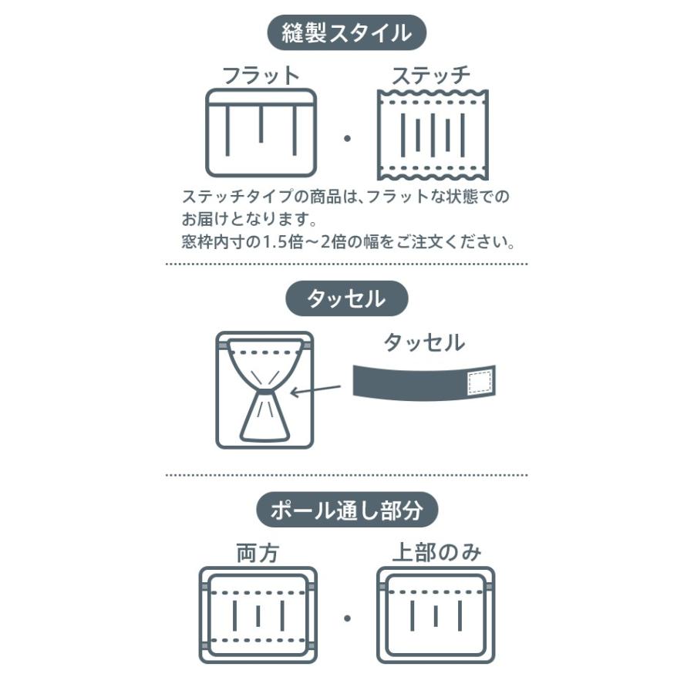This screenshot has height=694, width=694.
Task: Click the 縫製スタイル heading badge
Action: (x=346, y=32)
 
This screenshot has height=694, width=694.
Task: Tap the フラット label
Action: (x=261, y=76)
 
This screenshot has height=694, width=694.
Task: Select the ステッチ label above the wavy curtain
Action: (x=430, y=76)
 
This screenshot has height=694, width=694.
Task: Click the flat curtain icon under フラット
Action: (x=261, y=133)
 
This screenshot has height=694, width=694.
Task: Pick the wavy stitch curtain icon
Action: (x=433, y=135)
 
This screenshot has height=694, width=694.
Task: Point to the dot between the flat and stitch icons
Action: (x=347, y=139)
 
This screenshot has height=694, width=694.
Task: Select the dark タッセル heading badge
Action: (x=346, y=298)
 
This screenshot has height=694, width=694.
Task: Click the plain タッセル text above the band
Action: (x=424, y=342)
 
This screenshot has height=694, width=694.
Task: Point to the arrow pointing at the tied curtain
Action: (x=315, y=390)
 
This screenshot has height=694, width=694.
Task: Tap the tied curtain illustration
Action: (x=264, y=390)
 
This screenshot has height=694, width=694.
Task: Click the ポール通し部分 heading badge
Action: (x=347, y=510)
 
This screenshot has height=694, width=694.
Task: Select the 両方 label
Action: (x=258, y=553)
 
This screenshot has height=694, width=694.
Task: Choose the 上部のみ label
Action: (x=436, y=553)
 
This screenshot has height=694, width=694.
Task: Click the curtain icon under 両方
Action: (x=258, y=615)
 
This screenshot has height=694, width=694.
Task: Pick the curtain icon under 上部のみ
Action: (x=436, y=615)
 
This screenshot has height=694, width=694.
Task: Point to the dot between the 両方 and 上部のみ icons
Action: (x=347, y=618)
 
